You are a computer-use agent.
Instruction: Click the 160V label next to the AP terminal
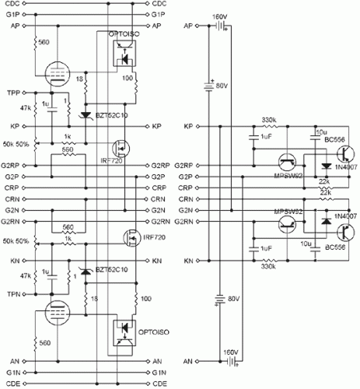click(x=221, y=16)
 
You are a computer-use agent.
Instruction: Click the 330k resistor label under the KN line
click(x=270, y=266)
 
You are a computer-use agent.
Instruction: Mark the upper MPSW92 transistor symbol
click(x=288, y=161)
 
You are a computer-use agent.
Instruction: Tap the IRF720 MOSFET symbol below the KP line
click(x=121, y=146)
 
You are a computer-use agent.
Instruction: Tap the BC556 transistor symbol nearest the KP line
click(x=336, y=155)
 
